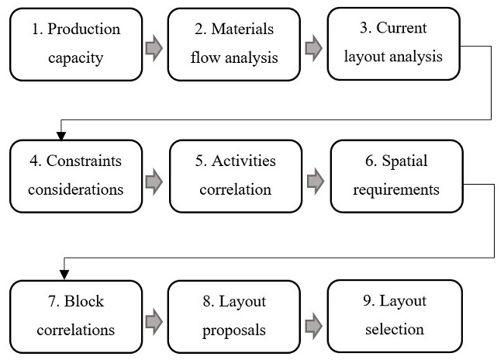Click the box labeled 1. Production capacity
coord(77,43)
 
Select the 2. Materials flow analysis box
coord(234,43)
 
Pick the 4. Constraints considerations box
coord(77,176)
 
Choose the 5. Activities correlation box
coord(235,176)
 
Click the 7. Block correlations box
coord(77,315)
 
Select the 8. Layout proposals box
coord(234,315)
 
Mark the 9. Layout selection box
coord(395,315)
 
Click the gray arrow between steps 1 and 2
coord(155,48)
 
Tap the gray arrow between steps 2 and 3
coord(313,48)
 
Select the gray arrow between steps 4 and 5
coord(155,182)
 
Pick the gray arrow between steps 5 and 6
coord(315,182)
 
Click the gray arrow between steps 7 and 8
coord(155,320)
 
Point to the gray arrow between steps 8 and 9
coord(314,320)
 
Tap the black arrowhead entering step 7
coord(64,273)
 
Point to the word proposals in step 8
coord(234,329)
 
